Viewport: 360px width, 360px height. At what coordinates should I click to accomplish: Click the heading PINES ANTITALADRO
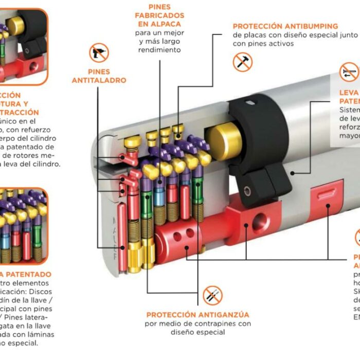pos(99,76)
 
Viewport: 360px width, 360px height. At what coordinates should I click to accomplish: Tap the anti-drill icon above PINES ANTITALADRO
pos(99,53)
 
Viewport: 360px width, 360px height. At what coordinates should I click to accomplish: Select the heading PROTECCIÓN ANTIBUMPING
pos(285,26)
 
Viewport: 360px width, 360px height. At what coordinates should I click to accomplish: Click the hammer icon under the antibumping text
pos(242,62)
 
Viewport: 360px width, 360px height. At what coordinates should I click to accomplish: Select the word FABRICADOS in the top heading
pos(159,15)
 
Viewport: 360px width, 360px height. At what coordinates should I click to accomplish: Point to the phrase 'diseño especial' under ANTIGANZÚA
pos(198,332)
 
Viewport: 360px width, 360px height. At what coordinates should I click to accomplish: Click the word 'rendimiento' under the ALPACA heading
pos(160,50)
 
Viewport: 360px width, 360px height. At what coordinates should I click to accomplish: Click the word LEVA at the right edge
pos(349,93)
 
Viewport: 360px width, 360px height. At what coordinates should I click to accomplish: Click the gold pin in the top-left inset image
pos(15,25)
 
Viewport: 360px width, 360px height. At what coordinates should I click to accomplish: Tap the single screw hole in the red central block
pos(256,225)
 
